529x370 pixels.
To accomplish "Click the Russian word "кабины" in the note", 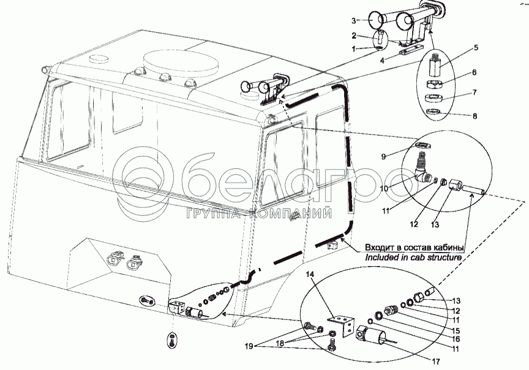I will pos(446,248).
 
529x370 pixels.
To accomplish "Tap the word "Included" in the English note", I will pos(381,258).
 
